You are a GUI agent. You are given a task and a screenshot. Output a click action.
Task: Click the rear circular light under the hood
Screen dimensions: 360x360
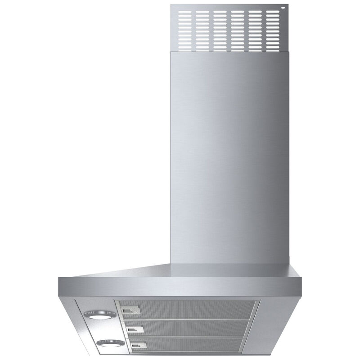(99, 315)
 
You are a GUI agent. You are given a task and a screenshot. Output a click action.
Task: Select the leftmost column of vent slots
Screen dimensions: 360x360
(185, 29)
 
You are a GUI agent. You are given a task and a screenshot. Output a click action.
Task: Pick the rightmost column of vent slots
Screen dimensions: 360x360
(272, 29)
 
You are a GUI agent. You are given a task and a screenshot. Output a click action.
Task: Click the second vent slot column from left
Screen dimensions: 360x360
(202, 29)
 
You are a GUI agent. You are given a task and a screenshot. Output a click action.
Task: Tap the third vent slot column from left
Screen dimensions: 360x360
(220, 29)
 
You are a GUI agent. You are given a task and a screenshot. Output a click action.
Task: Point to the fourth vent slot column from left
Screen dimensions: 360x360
(238, 29)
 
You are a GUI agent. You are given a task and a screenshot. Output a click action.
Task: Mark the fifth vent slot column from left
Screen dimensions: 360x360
(255, 29)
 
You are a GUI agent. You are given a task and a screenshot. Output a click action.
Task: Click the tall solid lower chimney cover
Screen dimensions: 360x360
(229, 157)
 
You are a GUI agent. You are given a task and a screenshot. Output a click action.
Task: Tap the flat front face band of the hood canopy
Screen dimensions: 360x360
(180, 287)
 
